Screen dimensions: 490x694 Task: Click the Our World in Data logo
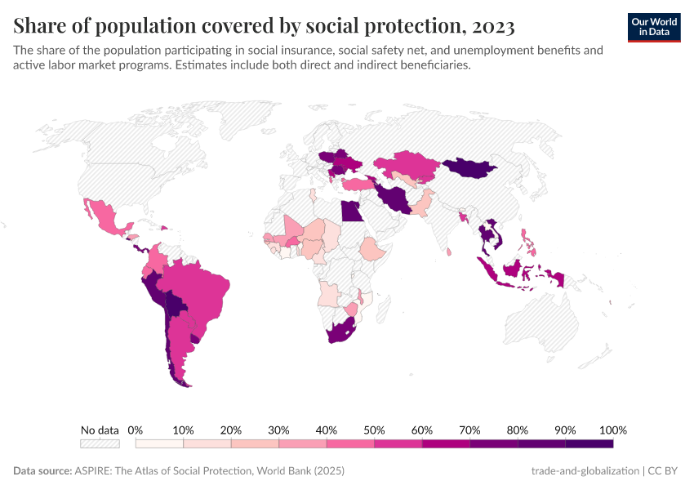tap(654, 27)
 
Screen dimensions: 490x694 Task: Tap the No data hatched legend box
tap(100, 444)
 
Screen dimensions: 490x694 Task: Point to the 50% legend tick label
tap(374, 430)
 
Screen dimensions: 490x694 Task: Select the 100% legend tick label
tap(612, 430)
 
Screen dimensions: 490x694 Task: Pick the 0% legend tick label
tap(136, 430)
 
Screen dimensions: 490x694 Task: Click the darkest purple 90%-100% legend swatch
tap(589, 444)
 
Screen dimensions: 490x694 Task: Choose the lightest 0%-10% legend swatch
tap(159, 444)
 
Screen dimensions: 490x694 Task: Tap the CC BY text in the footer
tap(665, 471)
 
